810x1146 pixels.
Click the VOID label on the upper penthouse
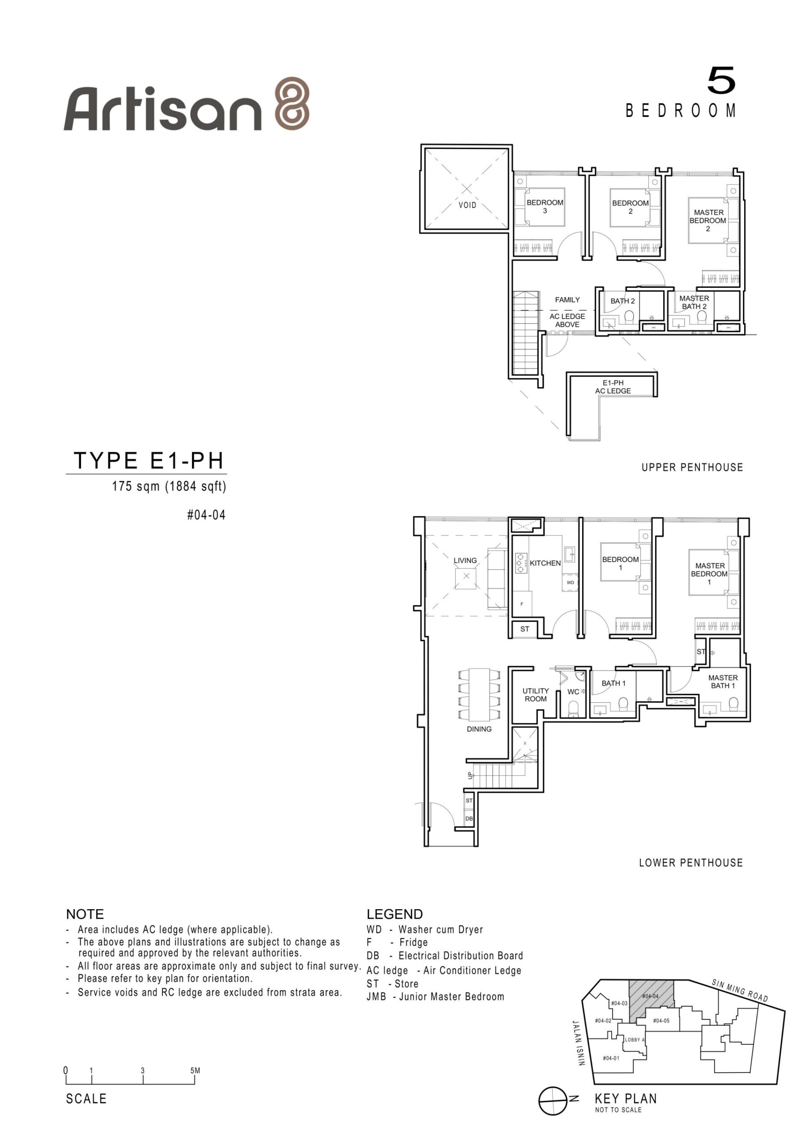pyautogui.click(x=467, y=205)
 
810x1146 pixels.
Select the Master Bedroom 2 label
pyautogui.click(x=708, y=221)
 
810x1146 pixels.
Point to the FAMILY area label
pyautogui.click(x=567, y=300)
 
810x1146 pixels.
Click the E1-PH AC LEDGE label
pyautogui.click(x=613, y=387)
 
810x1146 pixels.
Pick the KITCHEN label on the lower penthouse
pyautogui.click(x=545, y=563)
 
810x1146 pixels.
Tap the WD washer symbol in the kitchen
pyautogui.click(x=570, y=582)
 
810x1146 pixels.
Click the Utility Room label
pyautogui.click(x=536, y=695)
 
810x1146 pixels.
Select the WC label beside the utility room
pyautogui.click(x=573, y=692)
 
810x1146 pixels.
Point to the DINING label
pyautogui.click(x=479, y=729)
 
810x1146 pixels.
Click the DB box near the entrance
pyautogui.click(x=469, y=819)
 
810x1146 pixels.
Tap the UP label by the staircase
pyautogui.click(x=469, y=776)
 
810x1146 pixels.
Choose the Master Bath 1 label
pyautogui.click(x=723, y=682)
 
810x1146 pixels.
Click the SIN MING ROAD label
pyautogui.click(x=740, y=991)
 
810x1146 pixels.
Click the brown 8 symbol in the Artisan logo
pyautogui.click(x=293, y=103)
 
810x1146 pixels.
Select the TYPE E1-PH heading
pyautogui.click(x=149, y=460)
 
